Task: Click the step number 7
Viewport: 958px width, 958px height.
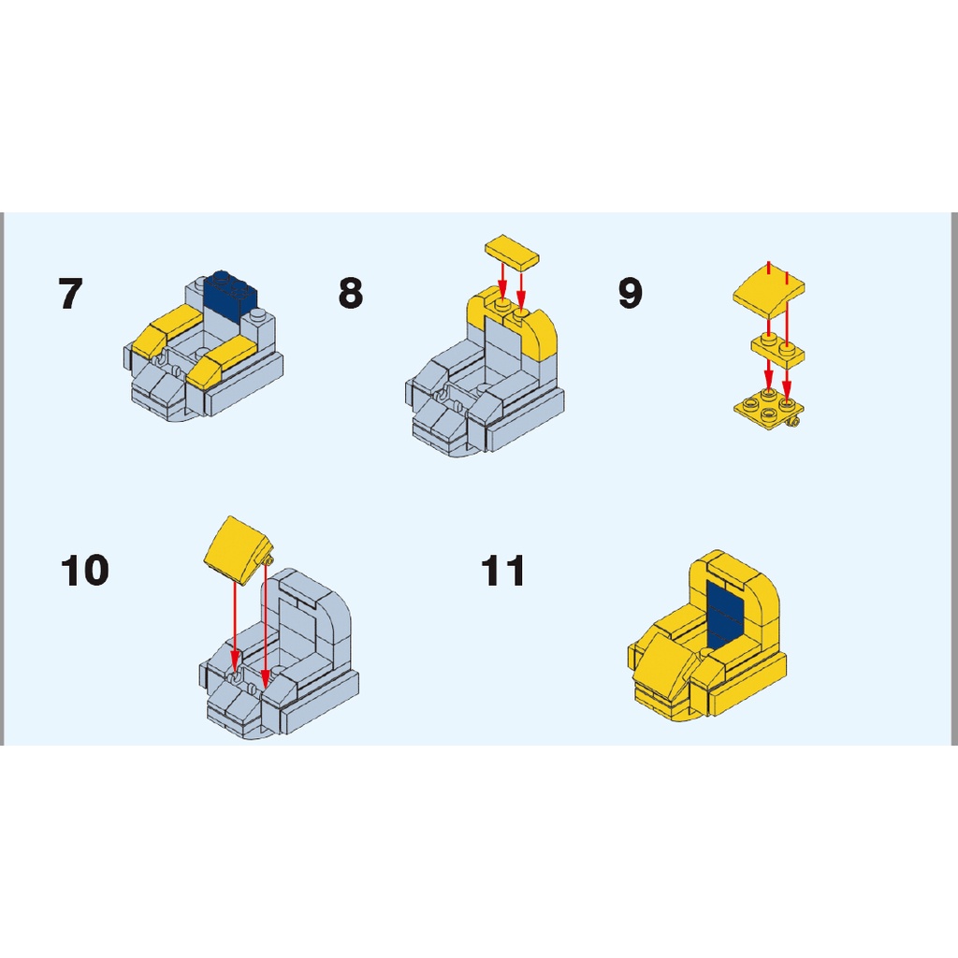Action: click(x=70, y=293)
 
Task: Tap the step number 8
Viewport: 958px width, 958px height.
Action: click(x=351, y=293)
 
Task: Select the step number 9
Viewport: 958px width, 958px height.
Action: click(x=631, y=293)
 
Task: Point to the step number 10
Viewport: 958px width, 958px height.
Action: click(x=85, y=570)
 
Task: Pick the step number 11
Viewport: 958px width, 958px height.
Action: click(x=502, y=571)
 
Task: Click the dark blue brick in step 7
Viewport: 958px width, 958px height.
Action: click(x=231, y=297)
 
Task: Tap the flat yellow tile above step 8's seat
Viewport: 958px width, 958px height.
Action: click(x=512, y=251)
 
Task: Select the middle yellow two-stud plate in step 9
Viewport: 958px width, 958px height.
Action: click(x=777, y=351)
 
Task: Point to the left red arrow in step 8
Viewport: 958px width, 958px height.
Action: click(x=502, y=281)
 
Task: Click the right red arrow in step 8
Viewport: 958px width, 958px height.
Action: click(x=521, y=289)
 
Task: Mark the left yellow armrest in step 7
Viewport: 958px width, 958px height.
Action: click(x=167, y=330)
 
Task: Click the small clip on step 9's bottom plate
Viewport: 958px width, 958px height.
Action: click(x=792, y=422)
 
